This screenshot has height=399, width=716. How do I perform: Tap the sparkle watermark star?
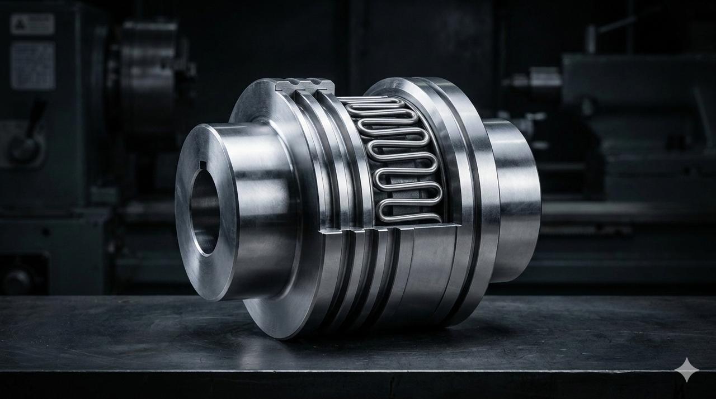point(686,370)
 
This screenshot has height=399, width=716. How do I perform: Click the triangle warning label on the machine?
point(32,24)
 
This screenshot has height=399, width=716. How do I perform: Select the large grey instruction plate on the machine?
point(32,65)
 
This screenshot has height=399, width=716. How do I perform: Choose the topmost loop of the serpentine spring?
point(372,102)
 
